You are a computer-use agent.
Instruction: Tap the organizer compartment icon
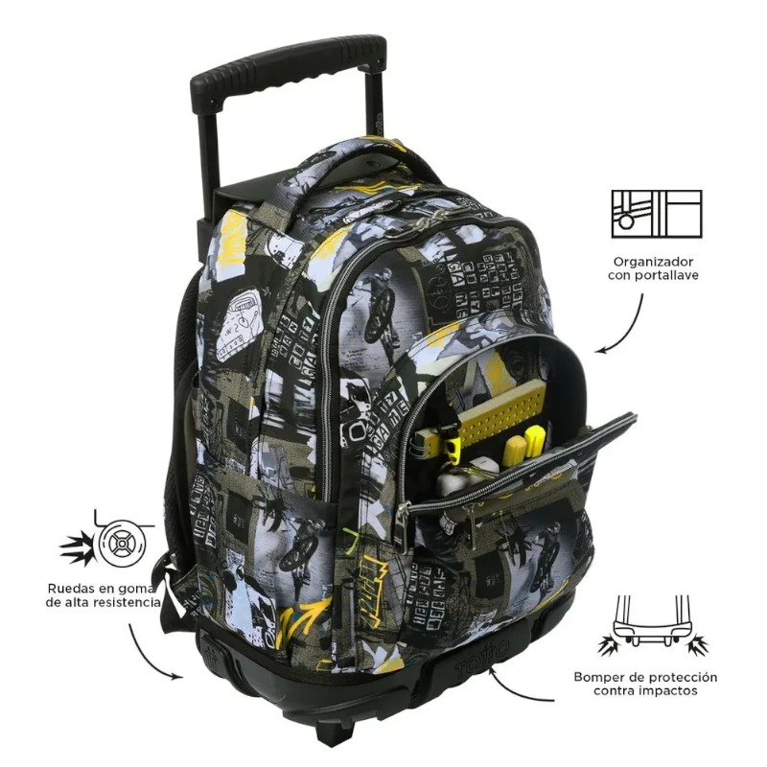pyautogui.click(x=657, y=214)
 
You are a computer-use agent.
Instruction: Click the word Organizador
pyautogui.click(x=653, y=262)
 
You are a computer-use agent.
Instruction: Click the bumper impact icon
pyautogui.click(x=653, y=625)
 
